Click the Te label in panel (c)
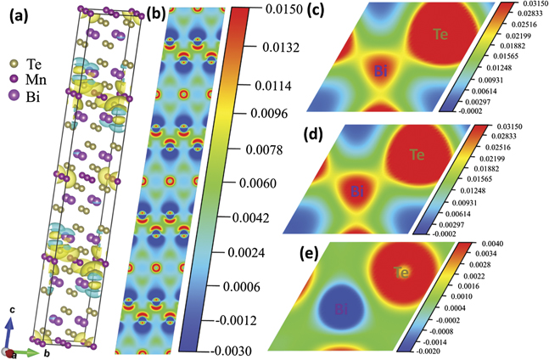point(440,34)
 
